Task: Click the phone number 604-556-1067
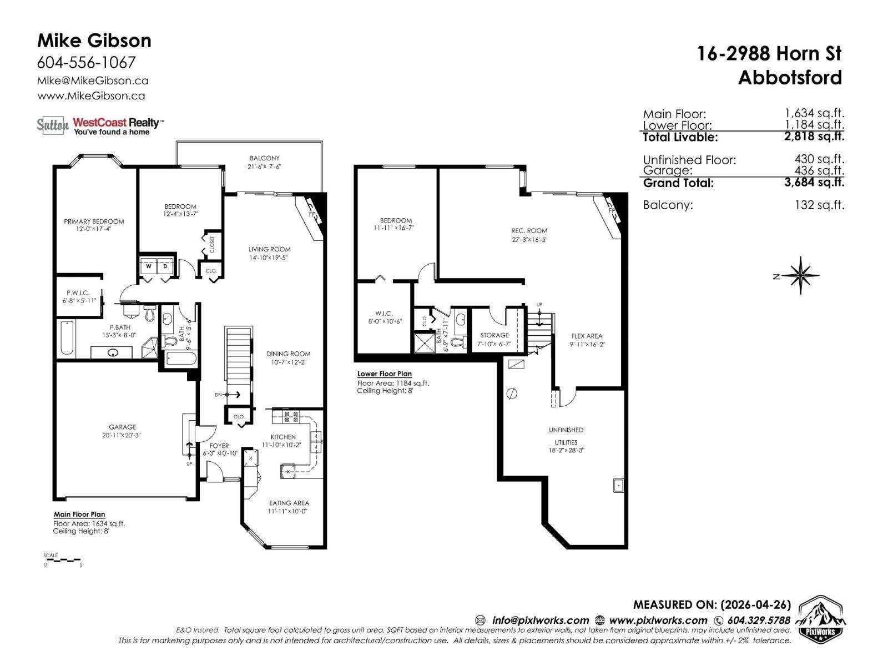(86, 62)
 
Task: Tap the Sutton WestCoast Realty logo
(100, 125)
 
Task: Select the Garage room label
(122, 427)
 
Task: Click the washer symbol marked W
(148, 266)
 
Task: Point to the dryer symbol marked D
(165, 266)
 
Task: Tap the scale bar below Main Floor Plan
(62, 560)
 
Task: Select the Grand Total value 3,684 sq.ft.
(814, 182)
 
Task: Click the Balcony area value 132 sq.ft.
(819, 205)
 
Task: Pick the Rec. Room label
(529, 230)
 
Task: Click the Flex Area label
(586, 336)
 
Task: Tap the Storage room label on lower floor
(494, 335)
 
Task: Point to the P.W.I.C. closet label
(78, 292)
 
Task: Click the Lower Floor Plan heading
(384, 374)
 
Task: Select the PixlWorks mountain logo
(821, 619)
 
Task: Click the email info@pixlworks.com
(539, 620)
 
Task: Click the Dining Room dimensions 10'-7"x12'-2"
(288, 362)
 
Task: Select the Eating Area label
(289, 503)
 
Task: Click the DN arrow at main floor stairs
(228, 395)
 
